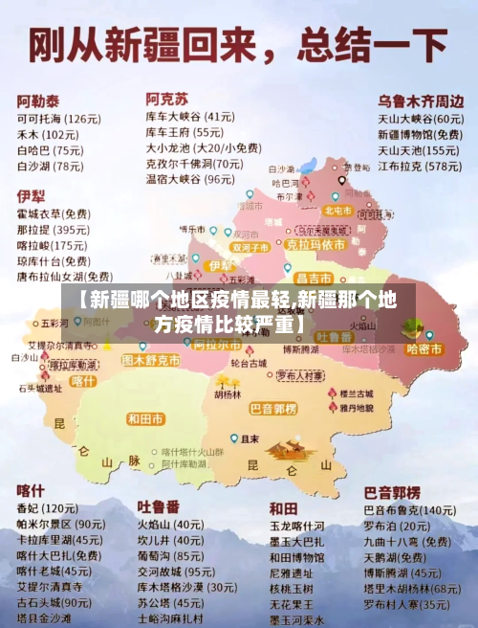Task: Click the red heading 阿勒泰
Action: click(39, 100)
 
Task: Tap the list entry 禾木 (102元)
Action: click(48, 135)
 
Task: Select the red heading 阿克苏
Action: click(166, 99)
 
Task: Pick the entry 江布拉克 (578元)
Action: click(419, 166)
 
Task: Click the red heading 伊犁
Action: click(31, 195)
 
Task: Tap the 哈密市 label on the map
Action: click(424, 349)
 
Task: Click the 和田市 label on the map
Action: click(145, 419)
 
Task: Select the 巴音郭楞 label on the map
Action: click(274, 408)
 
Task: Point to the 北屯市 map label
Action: click(338, 210)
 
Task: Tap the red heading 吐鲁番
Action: click(159, 505)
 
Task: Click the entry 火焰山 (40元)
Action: click(169, 525)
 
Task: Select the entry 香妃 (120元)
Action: click(47, 507)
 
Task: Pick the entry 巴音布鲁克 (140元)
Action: click(410, 510)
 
